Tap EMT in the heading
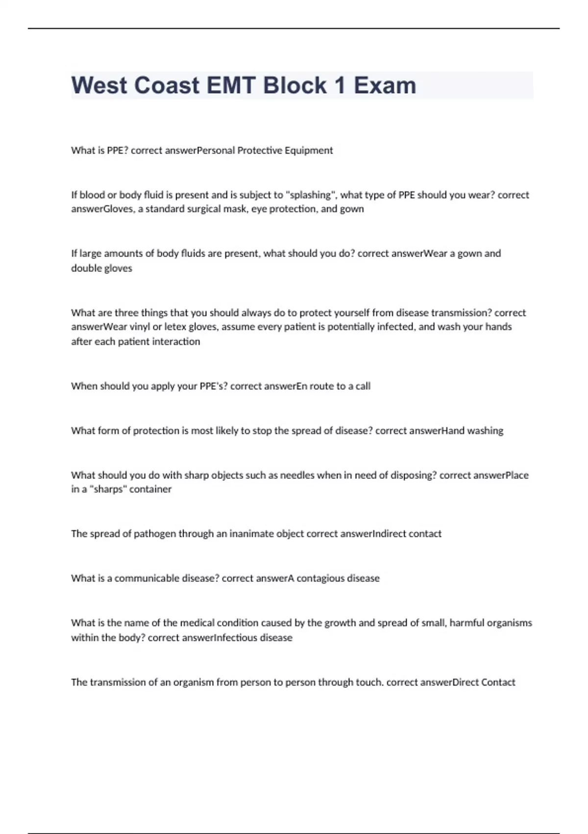[231, 85]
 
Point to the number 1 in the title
[340, 85]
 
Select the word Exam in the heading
[385, 85]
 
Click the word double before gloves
[86, 268]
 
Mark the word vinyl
[140, 327]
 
